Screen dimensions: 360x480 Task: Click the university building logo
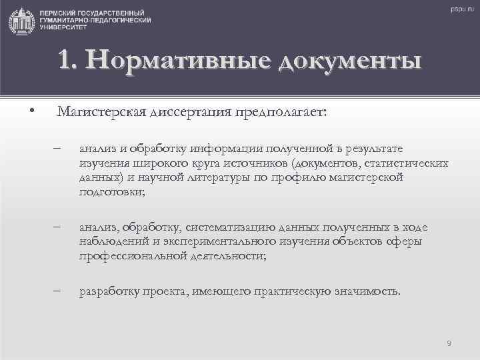tap(22, 21)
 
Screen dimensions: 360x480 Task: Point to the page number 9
tap(449, 343)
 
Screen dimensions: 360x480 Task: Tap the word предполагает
tap(280, 112)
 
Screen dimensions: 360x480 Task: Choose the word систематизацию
tap(233, 227)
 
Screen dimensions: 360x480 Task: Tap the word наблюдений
tap(113, 241)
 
